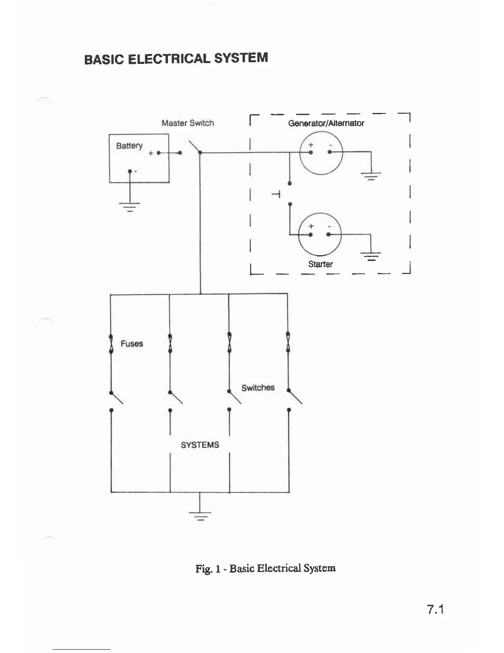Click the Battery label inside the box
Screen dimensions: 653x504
tap(129, 146)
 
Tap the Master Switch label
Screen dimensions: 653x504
tap(188, 123)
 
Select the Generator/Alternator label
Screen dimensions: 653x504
tap(326, 123)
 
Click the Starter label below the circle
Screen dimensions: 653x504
tap(320, 264)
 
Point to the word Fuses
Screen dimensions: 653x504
tap(132, 343)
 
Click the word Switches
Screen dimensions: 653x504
tap(258, 388)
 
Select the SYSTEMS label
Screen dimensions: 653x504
tap(200, 445)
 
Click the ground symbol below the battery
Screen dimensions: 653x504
tap(130, 206)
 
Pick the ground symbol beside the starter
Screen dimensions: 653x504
tap(371, 256)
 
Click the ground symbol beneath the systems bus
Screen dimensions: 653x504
tap(200, 515)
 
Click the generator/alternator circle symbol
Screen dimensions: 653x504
tap(320, 153)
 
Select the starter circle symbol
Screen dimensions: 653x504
tap(320, 234)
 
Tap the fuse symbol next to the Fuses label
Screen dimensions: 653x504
tap(111, 343)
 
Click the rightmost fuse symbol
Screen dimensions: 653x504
tap(288, 342)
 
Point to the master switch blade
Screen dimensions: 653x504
tap(194, 147)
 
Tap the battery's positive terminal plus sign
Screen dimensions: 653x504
tap(151, 153)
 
